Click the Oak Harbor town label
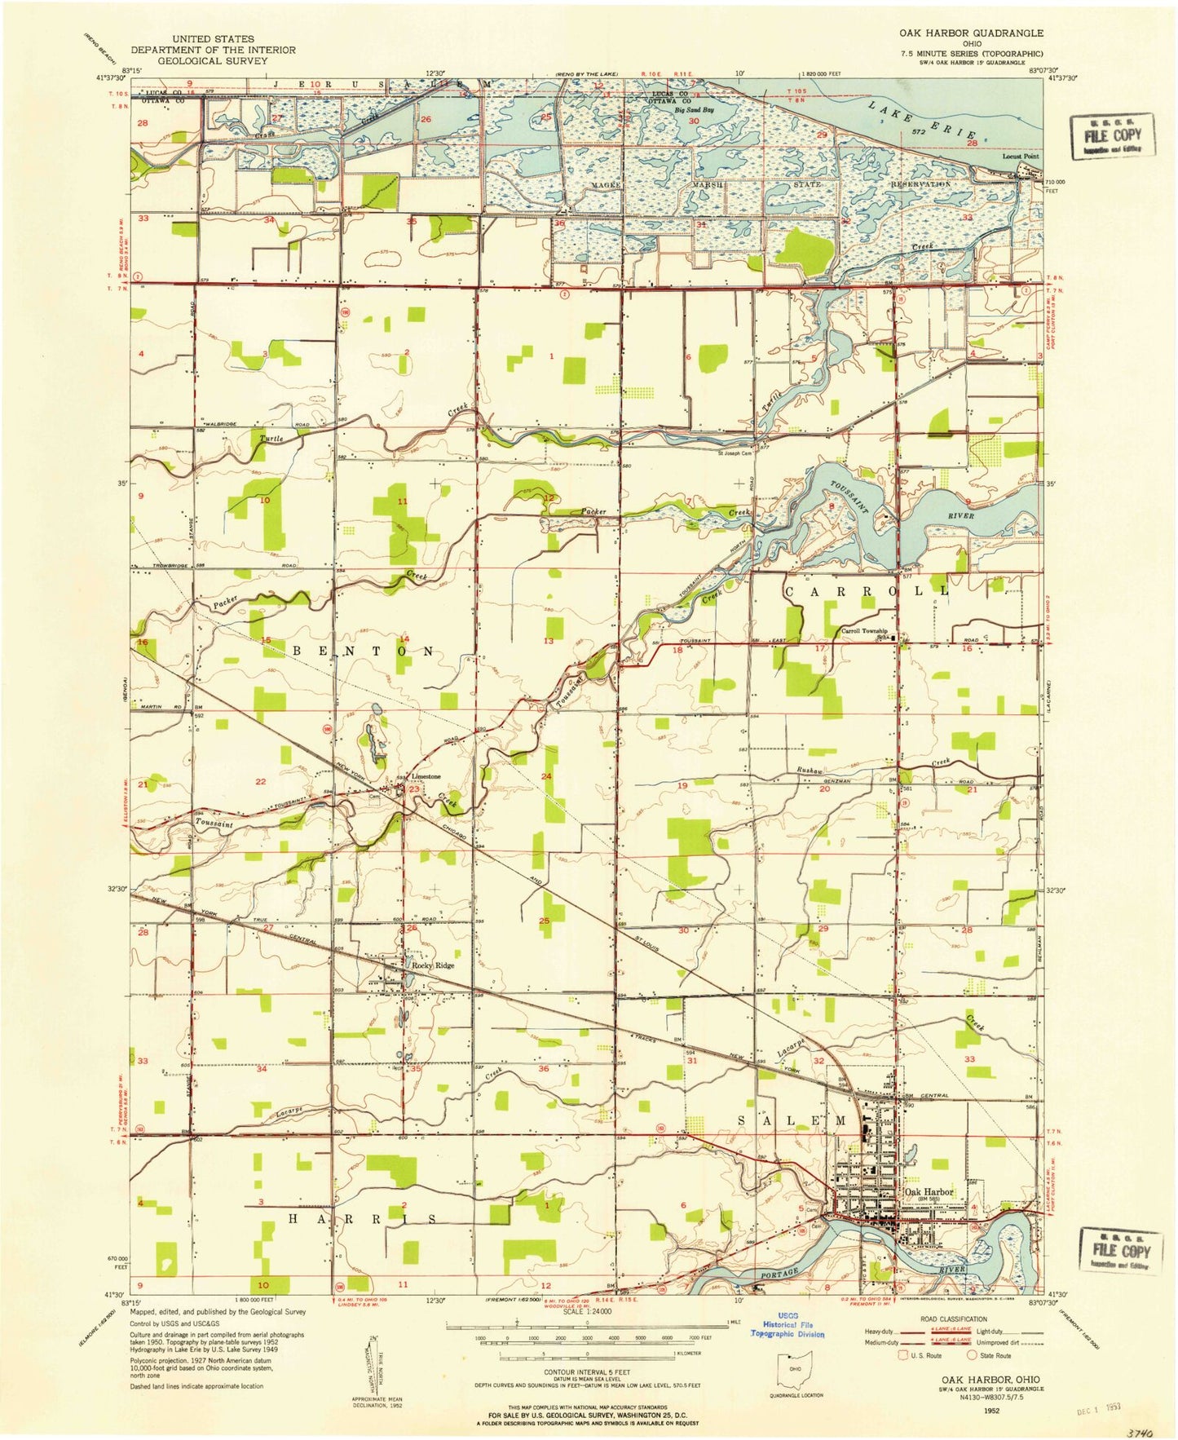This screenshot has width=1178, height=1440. (929, 1191)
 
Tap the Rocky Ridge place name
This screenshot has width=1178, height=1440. (432, 965)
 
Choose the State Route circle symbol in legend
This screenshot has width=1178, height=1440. (973, 1355)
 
